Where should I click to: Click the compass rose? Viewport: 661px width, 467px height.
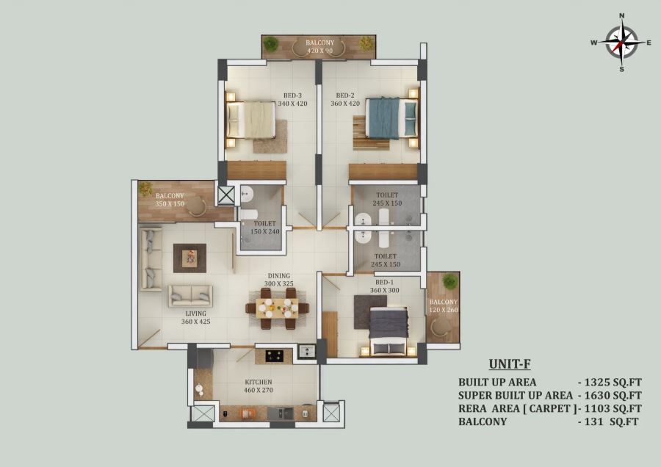click(x=621, y=42)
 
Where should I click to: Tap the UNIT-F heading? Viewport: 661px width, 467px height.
click(x=510, y=363)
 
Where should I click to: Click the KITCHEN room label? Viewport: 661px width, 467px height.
click(x=259, y=382)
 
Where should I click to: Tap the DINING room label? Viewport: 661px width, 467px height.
click(x=278, y=275)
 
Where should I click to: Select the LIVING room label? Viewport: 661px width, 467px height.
click(x=195, y=314)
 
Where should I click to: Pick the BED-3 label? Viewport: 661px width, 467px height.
click(x=292, y=95)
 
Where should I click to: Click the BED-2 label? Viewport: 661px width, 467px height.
click(x=345, y=95)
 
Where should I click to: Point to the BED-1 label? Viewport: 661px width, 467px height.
click(x=384, y=282)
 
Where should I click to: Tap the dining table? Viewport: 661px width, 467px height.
click(x=277, y=308)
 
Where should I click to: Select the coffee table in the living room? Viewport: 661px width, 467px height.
click(x=189, y=258)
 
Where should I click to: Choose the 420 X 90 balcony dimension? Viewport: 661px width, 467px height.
click(x=319, y=51)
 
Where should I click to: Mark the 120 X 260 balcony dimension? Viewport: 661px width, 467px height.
click(x=444, y=310)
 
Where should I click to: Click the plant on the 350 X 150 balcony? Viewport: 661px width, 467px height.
click(x=146, y=189)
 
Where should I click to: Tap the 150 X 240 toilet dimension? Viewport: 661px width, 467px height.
click(x=264, y=231)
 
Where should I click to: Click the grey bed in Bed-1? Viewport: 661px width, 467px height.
click(x=389, y=330)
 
